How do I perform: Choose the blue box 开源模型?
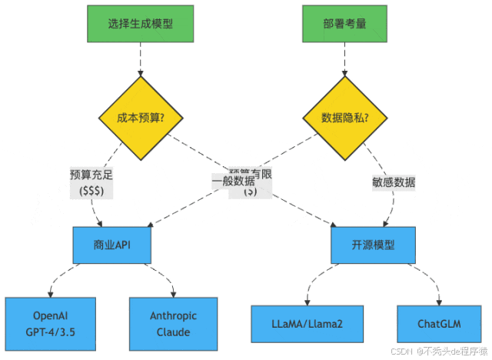pos(374,245)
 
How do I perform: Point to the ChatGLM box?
pos(439,324)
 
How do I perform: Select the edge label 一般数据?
pos(234,182)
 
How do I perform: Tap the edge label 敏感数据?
pos(393,182)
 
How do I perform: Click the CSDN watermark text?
pos(439,350)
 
